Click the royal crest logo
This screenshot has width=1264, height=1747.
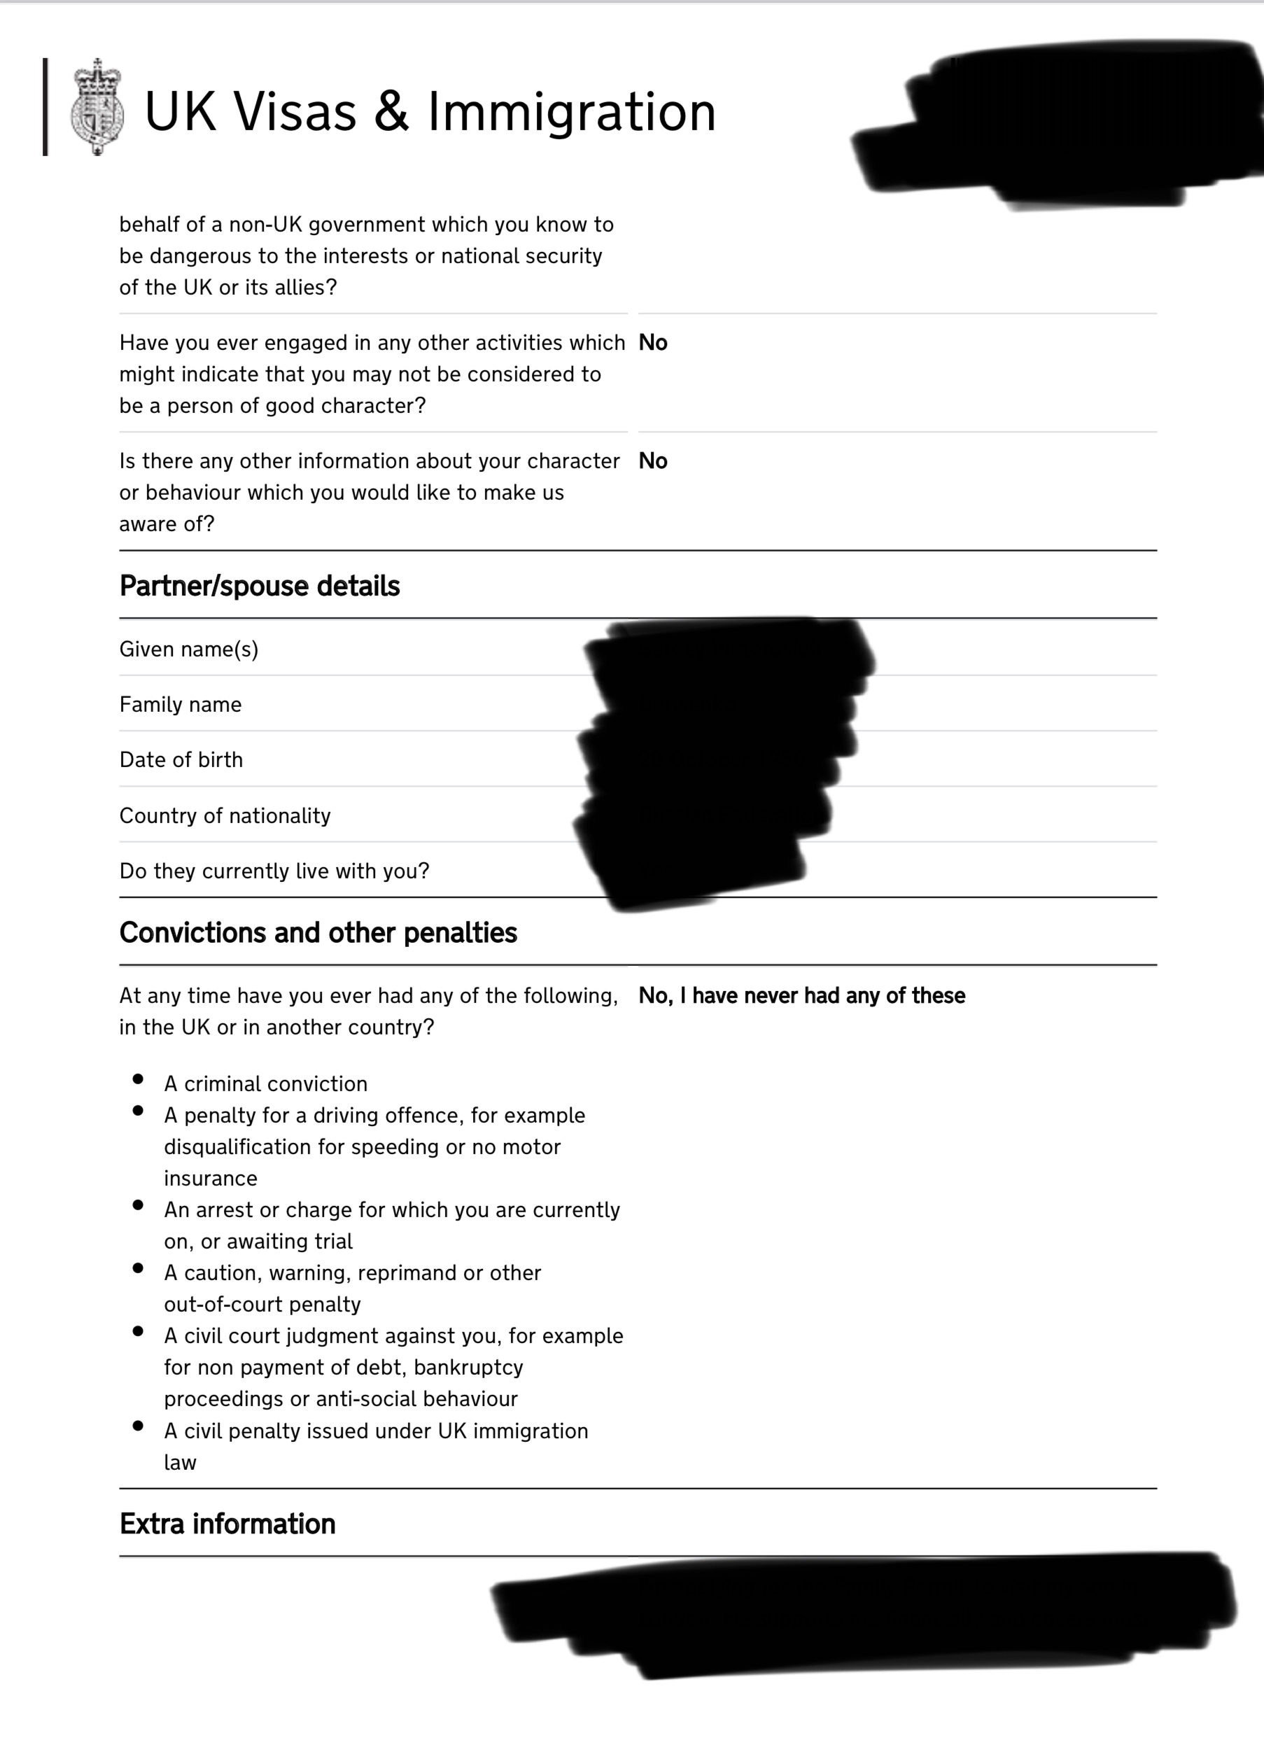[x=97, y=107]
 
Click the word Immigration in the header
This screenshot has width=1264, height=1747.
[x=572, y=113]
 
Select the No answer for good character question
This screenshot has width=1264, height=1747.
[x=652, y=343]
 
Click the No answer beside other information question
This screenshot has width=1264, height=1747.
[x=652, y=461]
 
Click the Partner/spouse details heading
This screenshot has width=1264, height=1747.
[x=259, y=587]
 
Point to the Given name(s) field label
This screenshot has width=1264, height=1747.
[x=189, y=650]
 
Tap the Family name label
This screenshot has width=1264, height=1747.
[x=181, y=705]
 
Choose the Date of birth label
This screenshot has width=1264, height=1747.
[x=181, y=760]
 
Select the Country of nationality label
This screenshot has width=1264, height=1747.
[x=225, y=815]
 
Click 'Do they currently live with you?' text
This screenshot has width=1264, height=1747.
[x=274, y=871]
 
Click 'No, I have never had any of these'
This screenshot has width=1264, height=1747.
[x=801, y=996]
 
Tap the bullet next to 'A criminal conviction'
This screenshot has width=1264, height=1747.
[x=138, y=1079]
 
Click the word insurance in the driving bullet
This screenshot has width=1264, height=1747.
[x=210, y=1179]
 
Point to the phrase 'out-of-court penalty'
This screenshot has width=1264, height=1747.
[x=262, y=1304]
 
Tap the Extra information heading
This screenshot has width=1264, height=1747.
[x=227, y=1524]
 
